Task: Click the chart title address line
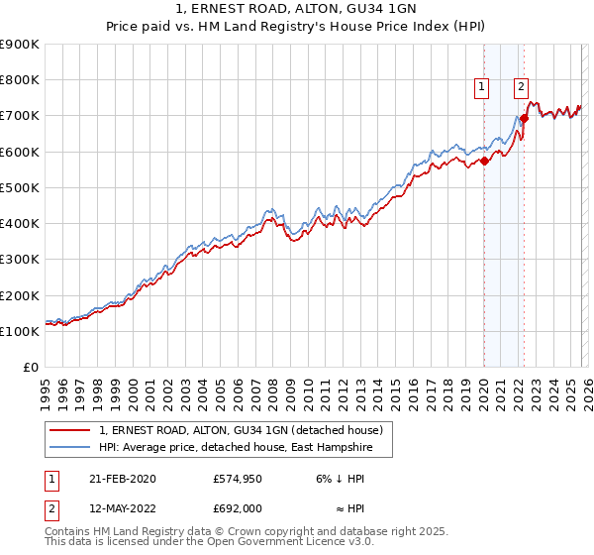pyautogui.click(x=296, y=11)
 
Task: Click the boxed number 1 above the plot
pyautogui.click(x=482, y=87)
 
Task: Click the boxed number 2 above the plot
pyautogui.click(x=521, y=87)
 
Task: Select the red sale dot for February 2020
pyautogui.click(x=484, y=161)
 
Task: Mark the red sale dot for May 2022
pyautogui.click(x=524, y=119)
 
